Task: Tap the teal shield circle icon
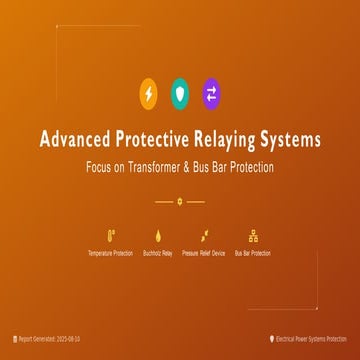180,94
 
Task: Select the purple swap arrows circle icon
211,94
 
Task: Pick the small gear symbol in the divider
180,201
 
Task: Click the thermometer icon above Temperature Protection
109,237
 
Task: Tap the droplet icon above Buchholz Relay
157,237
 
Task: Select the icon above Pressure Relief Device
204,237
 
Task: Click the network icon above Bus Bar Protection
252,237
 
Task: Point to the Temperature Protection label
109,254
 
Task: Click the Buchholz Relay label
157,254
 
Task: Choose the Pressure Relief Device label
204,254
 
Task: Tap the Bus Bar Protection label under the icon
252,254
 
